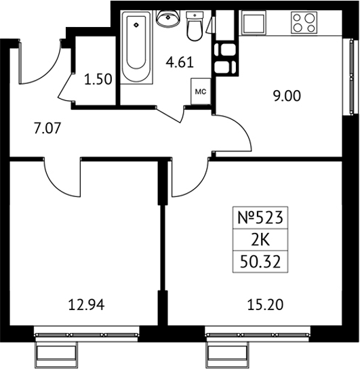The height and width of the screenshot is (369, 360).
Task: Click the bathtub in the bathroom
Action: tap(136, 47)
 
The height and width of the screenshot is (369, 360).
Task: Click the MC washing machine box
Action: tap(201, 91)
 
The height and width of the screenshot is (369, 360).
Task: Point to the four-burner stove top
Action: tap(304, 23)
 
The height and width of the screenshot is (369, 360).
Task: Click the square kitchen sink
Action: tap(254, 23)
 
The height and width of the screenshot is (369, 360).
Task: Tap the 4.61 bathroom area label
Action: tap(180, 63)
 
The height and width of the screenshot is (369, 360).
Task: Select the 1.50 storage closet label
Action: tap(98, 79)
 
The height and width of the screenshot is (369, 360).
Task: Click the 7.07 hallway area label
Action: tap(47, 129)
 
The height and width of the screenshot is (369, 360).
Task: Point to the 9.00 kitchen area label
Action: tap(287, 96)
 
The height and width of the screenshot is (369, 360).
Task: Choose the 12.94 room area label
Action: tap(86, 305)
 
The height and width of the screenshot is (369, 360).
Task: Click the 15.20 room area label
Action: tap(266, 305)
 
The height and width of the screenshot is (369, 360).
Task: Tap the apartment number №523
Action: tap(260, 218)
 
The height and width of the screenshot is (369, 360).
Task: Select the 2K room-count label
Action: tap(260, 240)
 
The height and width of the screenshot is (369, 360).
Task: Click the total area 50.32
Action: tap(260, 263)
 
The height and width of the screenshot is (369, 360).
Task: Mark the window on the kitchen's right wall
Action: tap(351, 77)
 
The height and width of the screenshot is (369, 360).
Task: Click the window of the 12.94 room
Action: tap(87, 334)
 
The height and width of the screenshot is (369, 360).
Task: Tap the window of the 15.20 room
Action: tap(258, 334)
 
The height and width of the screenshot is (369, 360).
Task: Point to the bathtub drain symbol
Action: tap(136, 24)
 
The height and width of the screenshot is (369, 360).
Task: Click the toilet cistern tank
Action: tap(195, 16)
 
